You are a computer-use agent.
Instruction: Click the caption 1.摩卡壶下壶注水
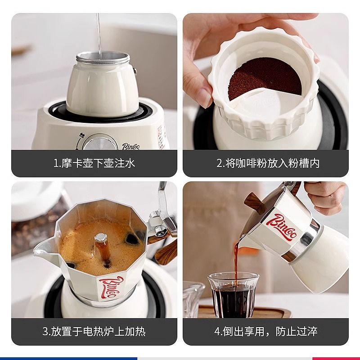pyautogui.click(x=94, y=163)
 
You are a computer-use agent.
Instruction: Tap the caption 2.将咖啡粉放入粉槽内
pyautogui.click(x=268, y=163)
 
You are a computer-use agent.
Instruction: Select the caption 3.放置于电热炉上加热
pyautogui.click(x=94, y=332)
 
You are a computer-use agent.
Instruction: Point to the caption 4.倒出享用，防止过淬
pyautogui.click(x=266, y=332)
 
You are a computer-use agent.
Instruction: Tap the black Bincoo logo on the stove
pyautogui.click(x=130, y=146)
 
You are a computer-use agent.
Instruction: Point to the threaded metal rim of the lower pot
pyautogui.click(x=103, y=59)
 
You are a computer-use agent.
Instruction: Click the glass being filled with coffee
pyautogui.click(x=234, y=295)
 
